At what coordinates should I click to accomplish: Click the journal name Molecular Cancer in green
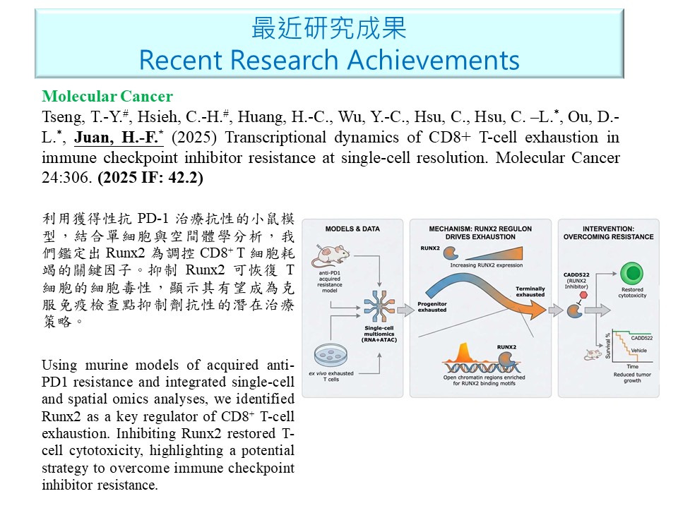point(107,96)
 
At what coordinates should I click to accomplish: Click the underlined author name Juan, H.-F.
point(119,138)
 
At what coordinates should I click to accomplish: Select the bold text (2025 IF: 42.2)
point(150,178)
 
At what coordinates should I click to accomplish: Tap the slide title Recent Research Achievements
point(329,59)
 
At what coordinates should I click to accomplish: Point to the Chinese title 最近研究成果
point(329,28)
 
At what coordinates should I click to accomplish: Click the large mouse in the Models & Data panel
point(331,255)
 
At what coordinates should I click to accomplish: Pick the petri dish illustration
point(331,355)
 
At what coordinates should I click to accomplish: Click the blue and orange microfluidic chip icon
point(379,307)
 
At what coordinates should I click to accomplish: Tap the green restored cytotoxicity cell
point(631,274)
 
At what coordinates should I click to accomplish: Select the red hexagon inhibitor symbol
point(583,295)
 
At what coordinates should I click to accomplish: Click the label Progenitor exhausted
point(432,307)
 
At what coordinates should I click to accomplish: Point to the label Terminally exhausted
point(530,291)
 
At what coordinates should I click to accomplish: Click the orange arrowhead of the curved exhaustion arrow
point(537,310)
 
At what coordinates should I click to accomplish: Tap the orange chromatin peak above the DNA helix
point(463,353)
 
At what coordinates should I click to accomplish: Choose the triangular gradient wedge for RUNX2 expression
point(496,254)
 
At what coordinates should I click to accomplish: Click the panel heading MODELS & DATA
point(352,229)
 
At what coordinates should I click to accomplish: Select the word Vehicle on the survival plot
point(638,351)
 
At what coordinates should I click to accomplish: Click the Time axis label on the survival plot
point(632,366)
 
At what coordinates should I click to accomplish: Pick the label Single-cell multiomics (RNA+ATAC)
point(379,334)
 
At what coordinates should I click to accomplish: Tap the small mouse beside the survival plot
point(593,355)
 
